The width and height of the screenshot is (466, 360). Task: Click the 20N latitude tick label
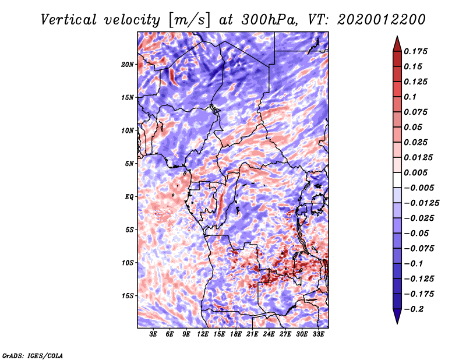pyautogui.click(x=128, y=65)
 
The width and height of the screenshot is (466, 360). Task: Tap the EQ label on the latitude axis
pyautogui.click(x=129, y=197)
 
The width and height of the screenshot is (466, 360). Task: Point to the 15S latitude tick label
pyautogui.click(x=128, y=296)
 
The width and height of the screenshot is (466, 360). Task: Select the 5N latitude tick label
pyautogui.click(x=129, y=164)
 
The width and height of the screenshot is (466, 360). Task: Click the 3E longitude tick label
pyautogui.click(x=153, y=334)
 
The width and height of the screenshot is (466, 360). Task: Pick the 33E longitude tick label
pyautogui.click(x=318, y=334)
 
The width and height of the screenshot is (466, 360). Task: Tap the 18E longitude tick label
pyautogui.click(x=236, y=334)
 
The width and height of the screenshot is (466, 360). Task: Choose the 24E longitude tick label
pyautogui.click(x=269, y=334)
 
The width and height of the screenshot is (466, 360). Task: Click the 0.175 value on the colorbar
pyautogui.click(x=415, y=51)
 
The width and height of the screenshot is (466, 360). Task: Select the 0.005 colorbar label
pyautogui.click(x=415, y=172)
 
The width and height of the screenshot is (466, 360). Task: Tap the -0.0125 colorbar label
pyautogui.click(x=421, y=203)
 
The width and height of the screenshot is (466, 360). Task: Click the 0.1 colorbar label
pyautogui.click(x=410, y=97)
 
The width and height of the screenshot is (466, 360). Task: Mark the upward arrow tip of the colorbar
pyautogui.click(x=397, y=36)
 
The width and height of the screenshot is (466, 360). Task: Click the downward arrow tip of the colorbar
pyautogui.click(x=397, y=323)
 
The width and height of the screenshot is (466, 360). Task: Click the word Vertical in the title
pyautogui.click(x=69, y=20)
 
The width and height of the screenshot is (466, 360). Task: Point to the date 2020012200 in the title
pyautogui.click(x=382, y=20)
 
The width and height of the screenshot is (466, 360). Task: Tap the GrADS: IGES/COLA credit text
pyautogui.click(x=33, y=355)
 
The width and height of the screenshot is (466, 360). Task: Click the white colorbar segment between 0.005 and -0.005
pyautogui.click(x=397, y=180)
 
